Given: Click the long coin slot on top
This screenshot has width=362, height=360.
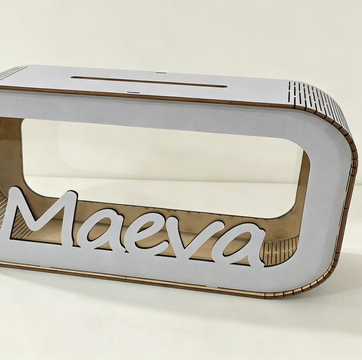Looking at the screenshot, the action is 149,82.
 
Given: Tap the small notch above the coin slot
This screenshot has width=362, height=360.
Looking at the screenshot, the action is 161,72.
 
